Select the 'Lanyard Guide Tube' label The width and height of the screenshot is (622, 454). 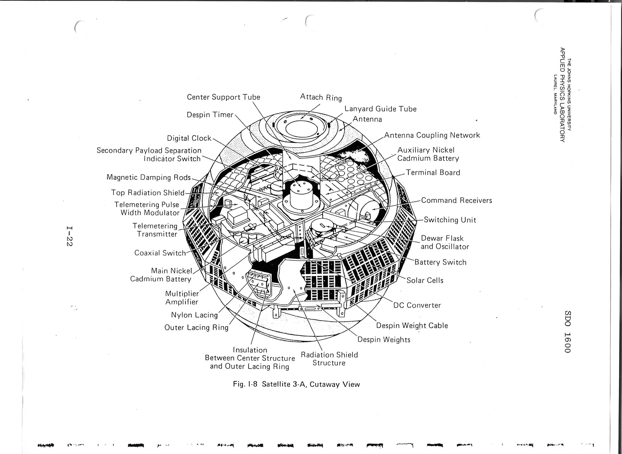click(381, 109)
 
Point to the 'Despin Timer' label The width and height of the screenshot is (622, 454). click(210, 115)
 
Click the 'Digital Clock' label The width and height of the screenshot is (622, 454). click(189, 138)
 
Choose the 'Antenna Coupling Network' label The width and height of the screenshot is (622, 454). click(432, 135)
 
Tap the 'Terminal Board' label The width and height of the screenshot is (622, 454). click(433, 173)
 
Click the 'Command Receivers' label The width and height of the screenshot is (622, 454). click(456, 200)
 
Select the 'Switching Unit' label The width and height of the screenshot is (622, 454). click(450, 220)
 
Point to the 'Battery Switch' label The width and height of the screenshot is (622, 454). click(440, 262)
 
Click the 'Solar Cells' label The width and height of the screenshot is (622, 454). click(425, 280)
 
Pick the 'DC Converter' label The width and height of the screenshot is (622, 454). click(417, 305)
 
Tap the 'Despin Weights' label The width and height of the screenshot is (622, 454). click(384, 340)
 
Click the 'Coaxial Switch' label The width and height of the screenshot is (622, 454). click(160, 253)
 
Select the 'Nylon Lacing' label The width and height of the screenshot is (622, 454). click(194, 315)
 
